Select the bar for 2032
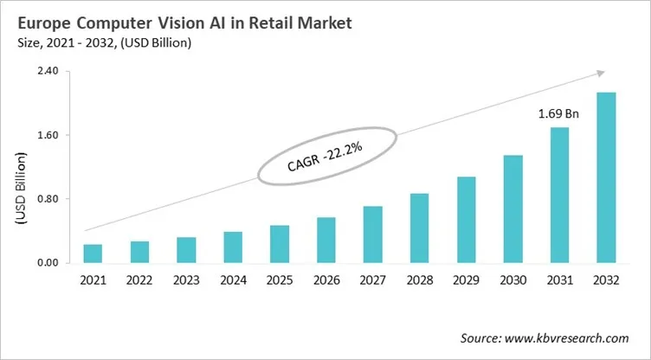pos(606,177)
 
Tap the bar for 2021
pos(93,254)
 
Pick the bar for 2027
pos(373,235)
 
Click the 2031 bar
pos(559,196)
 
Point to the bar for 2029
pos(467,220)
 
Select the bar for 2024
pos(233,247)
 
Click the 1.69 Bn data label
pos(559,113)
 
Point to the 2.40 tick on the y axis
pos(46,71)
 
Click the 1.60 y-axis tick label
pos(46,135)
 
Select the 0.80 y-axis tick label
pos(46,199)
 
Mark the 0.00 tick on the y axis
pos(46,263)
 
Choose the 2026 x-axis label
pos(326,281)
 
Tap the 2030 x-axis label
pos(513,281)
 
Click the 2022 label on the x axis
pos(139,281)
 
